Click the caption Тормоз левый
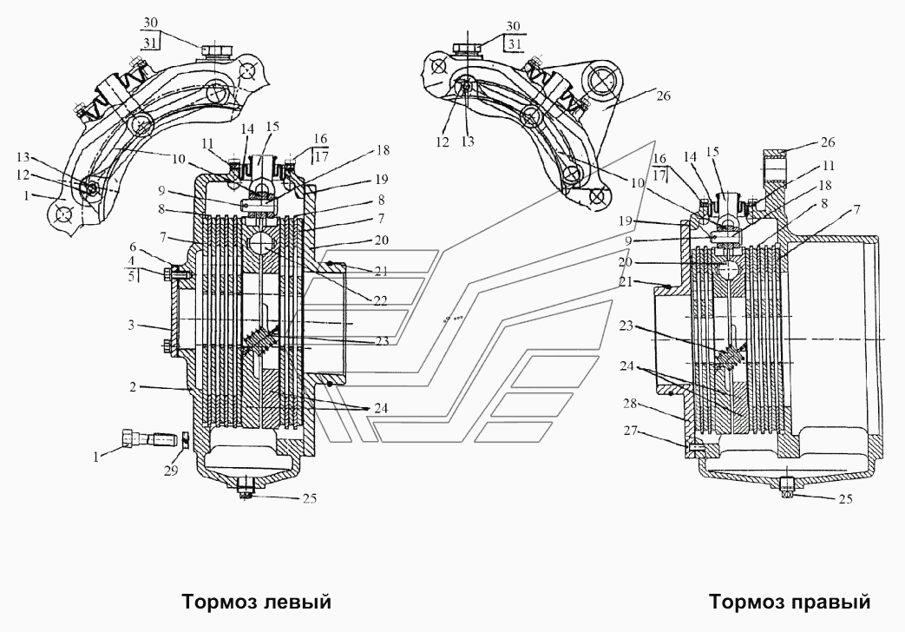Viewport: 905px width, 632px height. (x=257, y=602)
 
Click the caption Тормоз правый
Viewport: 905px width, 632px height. (x=789, y=602)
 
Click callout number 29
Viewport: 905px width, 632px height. (x=171, y=470)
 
